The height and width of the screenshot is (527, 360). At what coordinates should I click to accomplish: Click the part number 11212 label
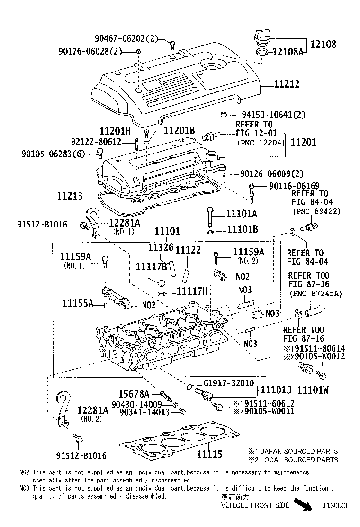287,84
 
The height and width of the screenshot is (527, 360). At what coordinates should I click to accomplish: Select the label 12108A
287,52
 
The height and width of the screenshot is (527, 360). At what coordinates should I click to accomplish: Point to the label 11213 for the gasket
70,195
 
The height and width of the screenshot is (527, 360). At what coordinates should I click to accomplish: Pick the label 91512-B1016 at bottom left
79,455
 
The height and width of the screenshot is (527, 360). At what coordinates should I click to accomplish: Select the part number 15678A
134,393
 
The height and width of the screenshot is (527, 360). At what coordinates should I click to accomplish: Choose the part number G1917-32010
228,383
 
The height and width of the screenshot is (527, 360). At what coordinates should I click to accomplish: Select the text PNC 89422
316,211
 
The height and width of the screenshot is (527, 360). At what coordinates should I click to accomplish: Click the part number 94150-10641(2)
273,114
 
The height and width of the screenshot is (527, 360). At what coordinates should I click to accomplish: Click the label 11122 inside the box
188,249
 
